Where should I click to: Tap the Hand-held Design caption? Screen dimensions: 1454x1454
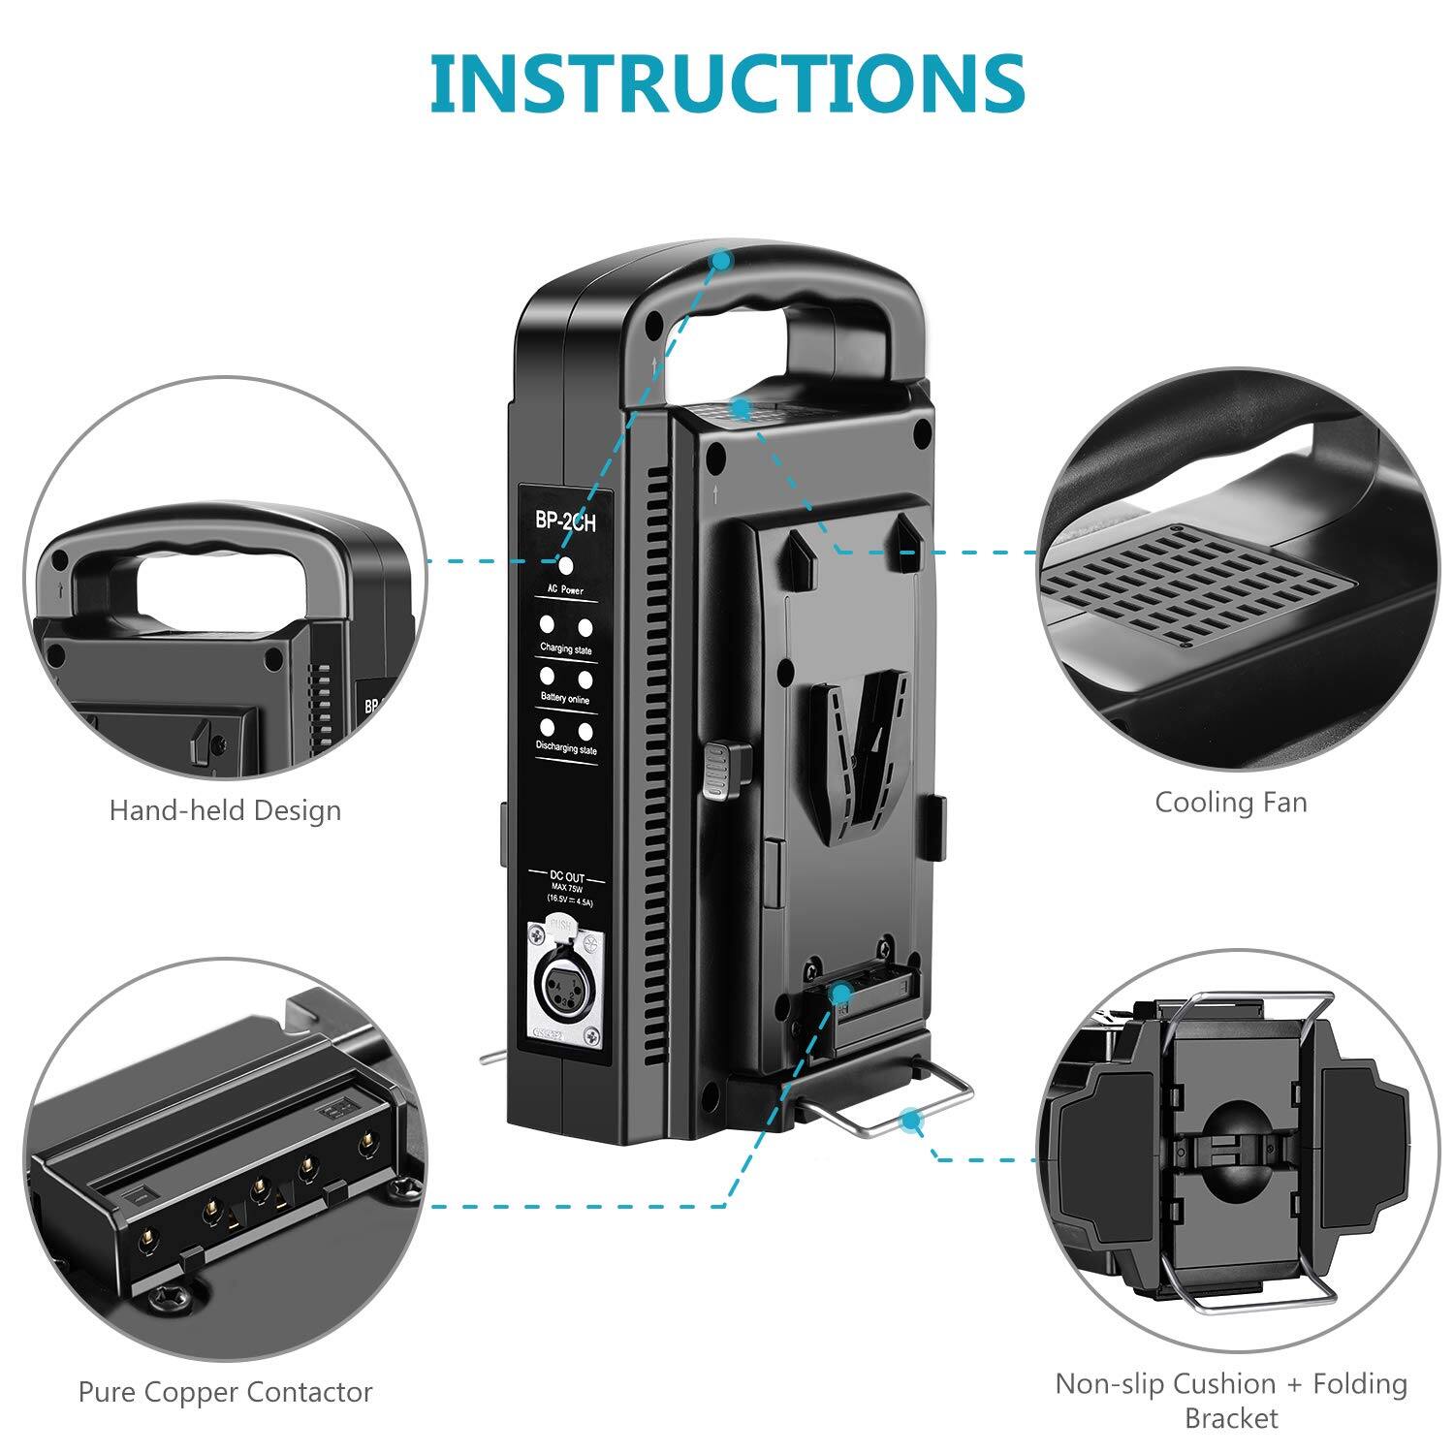tap(225, 810)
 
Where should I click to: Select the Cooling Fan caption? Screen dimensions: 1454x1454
tap(1230, 802)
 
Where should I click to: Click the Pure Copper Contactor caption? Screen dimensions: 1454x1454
tap(225, 1392)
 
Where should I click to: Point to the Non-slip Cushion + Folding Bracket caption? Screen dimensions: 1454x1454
tap(1231, 1400)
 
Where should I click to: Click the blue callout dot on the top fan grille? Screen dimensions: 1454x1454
tap(742, 408)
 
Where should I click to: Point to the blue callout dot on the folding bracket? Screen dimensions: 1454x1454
tap(909, 1122)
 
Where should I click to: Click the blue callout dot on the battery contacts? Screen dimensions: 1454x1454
tap(841, 993)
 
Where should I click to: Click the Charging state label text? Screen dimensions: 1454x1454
tap(565, 649)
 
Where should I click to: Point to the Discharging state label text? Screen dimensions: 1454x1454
tap(566, 749)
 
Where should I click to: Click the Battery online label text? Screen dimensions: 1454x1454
tap(565, 699)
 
